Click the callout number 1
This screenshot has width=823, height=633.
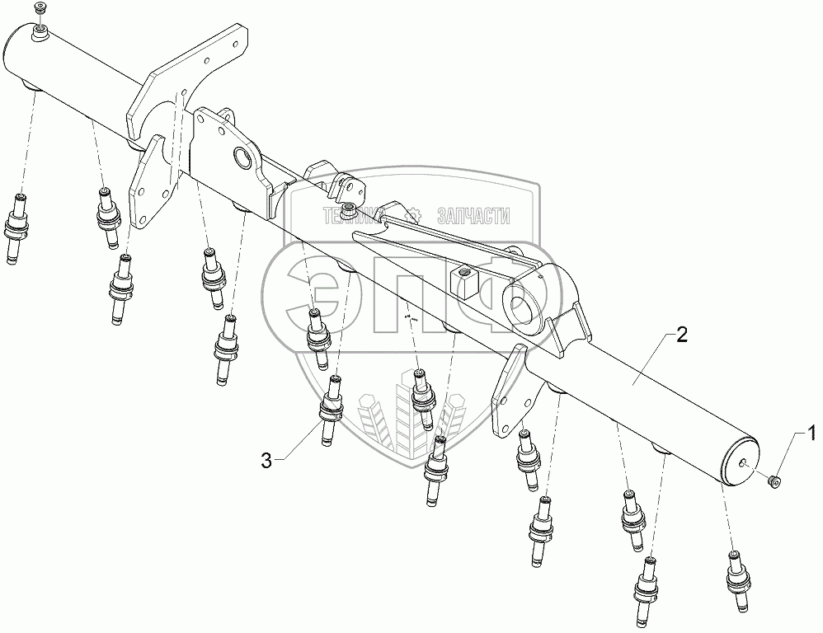click(811, 431)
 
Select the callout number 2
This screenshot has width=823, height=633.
click(680, 335)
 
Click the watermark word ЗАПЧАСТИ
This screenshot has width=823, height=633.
click(474, 216)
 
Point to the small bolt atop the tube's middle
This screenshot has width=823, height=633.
click(349, 206)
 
